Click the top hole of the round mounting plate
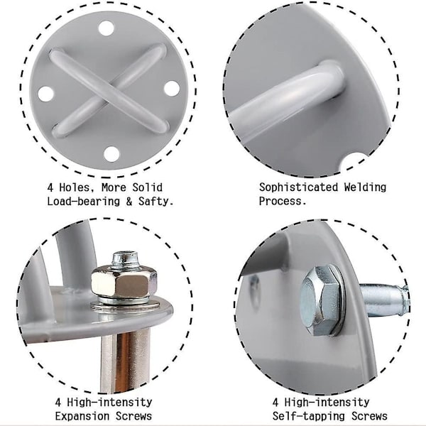tap(106, 28)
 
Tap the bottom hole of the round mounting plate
tap(111, 154)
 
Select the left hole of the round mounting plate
tap(46, 94)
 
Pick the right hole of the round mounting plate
tap(172, 88)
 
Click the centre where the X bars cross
tap(109, 92)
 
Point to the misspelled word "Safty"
tap(155, 202)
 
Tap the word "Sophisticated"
tap(298, 187)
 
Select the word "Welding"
tap(365, 187)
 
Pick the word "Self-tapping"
tap(309, 416)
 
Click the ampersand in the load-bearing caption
tap(129, 202)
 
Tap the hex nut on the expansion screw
tap(124, 282)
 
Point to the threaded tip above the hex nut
tap(125, 259)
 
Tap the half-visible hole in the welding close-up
tap(353, 162)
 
